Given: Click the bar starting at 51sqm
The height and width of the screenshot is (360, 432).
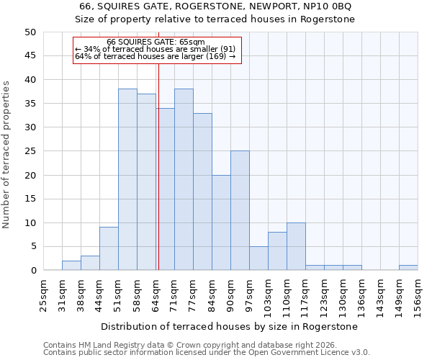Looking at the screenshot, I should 127,180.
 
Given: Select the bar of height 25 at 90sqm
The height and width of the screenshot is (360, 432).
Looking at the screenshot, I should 240,211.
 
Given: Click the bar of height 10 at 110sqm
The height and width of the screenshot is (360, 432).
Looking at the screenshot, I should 296,247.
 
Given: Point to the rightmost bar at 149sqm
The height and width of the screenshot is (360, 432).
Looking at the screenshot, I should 408,268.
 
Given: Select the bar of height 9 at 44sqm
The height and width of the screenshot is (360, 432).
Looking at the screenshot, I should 109,249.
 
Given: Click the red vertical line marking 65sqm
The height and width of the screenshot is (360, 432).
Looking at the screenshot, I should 158,166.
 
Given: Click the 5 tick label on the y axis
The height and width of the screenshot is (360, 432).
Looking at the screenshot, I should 32,247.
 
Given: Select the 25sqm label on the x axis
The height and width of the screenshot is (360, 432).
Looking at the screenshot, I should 43,295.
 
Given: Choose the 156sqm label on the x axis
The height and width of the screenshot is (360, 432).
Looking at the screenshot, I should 418,295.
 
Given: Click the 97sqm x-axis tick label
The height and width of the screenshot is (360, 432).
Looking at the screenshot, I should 249,295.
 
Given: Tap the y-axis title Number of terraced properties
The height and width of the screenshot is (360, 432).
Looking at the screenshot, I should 7,155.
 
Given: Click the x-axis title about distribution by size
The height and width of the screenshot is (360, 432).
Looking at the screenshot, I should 230,326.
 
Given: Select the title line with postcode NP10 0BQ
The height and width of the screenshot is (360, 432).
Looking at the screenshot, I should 215,6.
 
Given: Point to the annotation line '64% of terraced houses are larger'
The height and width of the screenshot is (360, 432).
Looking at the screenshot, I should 156,56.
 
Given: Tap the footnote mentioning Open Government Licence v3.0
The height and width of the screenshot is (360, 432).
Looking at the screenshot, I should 207,353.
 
